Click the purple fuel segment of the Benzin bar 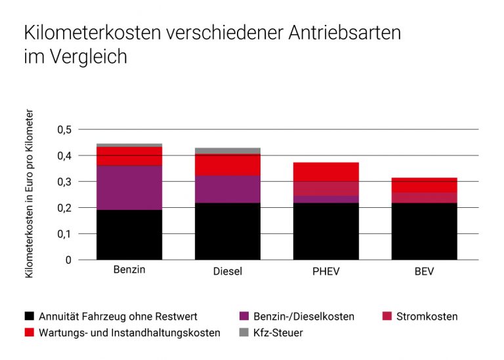129,188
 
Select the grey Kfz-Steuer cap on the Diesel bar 227,151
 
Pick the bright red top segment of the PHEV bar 325,172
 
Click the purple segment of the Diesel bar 227,189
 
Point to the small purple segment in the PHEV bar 325,199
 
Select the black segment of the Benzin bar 129,234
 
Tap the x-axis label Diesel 227,271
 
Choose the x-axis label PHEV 325,271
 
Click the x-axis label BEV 424,271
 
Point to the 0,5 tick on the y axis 63,130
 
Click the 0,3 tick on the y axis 63,182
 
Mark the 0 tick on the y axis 68,260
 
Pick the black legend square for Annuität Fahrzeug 28,316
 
